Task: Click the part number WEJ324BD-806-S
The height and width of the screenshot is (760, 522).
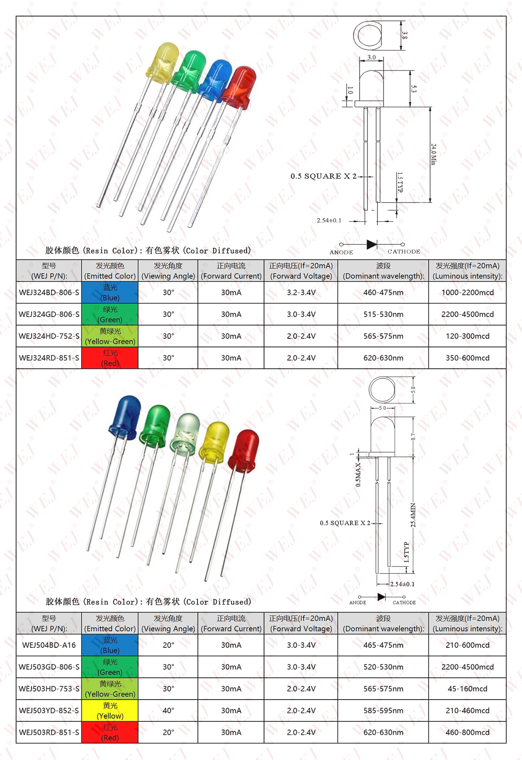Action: tap(49, 293)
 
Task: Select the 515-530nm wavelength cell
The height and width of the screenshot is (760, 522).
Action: tap(383, 314)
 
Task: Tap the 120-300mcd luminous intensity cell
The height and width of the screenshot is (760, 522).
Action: tap(467, 336)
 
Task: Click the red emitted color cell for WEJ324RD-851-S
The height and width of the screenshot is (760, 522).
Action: tap(110, 358)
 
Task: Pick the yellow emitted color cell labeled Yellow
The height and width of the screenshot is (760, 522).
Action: tap(110, 710)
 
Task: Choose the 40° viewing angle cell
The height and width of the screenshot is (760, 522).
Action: tap(168, 710)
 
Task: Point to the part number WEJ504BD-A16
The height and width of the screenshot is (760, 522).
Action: tap(49, 645)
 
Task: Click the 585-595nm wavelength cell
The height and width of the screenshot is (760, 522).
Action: tap(383, 710)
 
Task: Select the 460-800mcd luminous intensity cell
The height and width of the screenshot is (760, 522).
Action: tap(467, 732)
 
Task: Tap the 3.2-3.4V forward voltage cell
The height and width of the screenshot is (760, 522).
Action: tap(301, 293)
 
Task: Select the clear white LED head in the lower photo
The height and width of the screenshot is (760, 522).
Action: tap(186, 433)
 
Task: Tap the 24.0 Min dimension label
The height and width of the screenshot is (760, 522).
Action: tap(433, 154)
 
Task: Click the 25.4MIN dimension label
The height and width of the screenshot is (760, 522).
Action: tap(413, 515)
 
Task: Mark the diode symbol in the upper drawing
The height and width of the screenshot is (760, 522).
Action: tap(372, 244)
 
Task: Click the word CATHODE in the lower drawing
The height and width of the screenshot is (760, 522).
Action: tap(404, 603)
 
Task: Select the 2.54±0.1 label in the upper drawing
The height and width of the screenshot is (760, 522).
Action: tap(329, 220)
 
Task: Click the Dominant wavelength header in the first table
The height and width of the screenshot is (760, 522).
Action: tap(383, 271)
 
